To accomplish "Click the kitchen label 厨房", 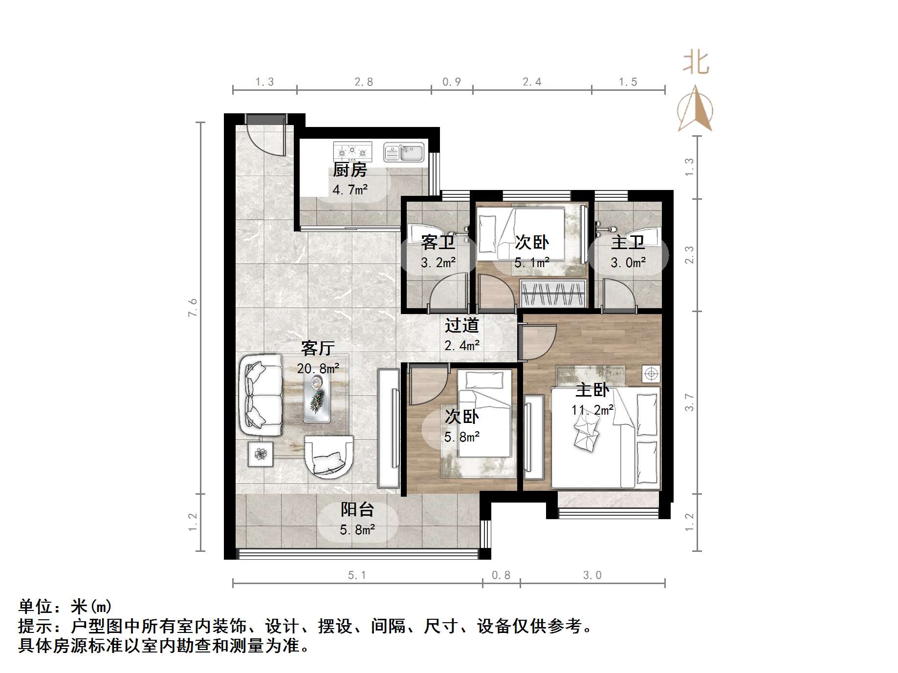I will coord(350,170).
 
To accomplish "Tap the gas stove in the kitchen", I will coord(352,152).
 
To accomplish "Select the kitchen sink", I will coord(404,152).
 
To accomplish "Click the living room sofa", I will coord(261,396).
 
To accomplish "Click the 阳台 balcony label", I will coord(357,509).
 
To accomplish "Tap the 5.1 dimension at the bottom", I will coord(357,575).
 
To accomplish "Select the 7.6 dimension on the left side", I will coord(193,308).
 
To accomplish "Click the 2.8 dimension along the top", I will coord(364,82).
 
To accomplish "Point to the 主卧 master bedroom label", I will coord(592,390).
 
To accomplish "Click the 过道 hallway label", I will coord(461,325).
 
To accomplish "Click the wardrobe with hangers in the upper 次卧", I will coord(553,294).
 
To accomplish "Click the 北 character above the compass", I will coord(696,63).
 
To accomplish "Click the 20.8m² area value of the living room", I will coord(318,368).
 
